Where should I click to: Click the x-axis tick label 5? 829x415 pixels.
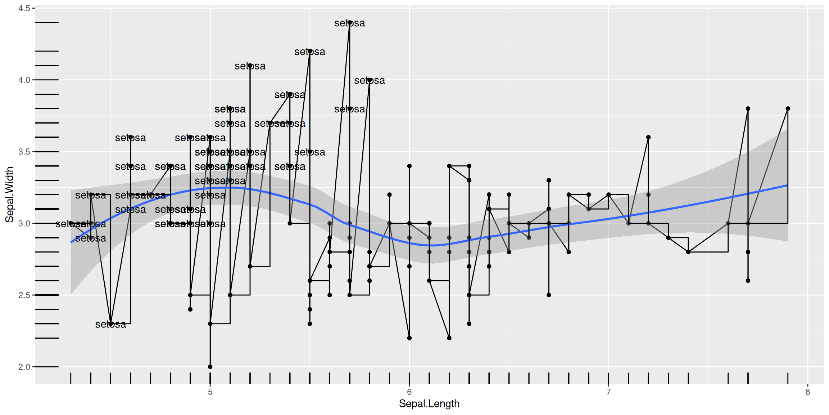pyautogui.click(x=210, y=392)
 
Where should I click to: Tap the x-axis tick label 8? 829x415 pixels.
pyautogui.click(x=808, y=392)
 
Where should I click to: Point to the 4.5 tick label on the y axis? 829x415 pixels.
pyautogui.click(x=24, y=8)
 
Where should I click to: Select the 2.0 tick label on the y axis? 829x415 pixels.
pyautogui.click(x=24, y=367)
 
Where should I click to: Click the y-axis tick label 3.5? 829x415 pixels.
pyautogui.click(x=24, y=152)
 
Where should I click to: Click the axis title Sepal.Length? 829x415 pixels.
pyautogui.click(x=429, y=404)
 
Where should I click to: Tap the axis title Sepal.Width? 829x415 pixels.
pyautogui.click(x=9, y=195)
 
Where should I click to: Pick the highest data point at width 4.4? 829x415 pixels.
pyautogui.click(x=350, y=23)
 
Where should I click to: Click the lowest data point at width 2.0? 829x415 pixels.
pyautogui.click(x=210, y=367)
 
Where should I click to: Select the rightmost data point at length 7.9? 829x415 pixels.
pyautogui.click(x=788, y=108)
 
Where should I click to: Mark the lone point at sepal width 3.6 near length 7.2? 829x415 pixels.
pyautogui.click(x=648, y=137)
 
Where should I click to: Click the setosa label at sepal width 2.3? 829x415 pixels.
pyautogui.click(x=110, y=325)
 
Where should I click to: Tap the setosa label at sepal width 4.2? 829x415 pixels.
pyautogui.click(x=309, y=52)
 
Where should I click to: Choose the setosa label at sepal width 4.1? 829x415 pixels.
pyautogui.click(x=250, y=66)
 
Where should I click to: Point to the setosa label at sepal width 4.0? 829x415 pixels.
pyautogui.click(x=369, y=81)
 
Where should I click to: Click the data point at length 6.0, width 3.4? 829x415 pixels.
pyautogui.click(x=409, y=166)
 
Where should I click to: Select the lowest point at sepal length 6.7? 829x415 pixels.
pyautogui.click(x=549, y=295)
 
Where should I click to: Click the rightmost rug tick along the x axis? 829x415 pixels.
pyautogui.click(x=788, y=378)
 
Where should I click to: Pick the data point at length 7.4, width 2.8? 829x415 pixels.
pyautogui.click(x=688, y=252)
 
